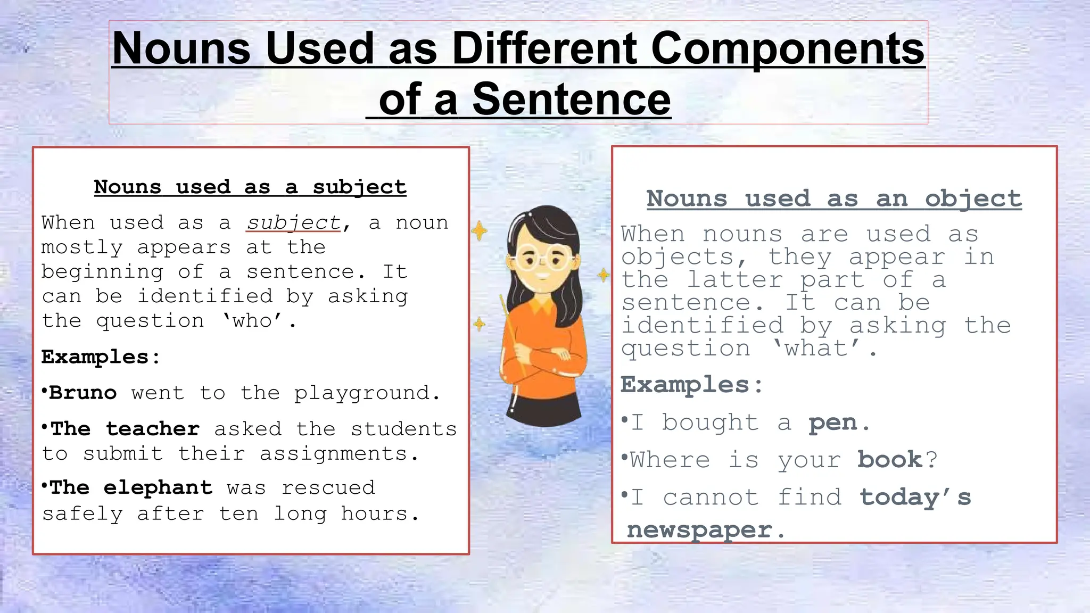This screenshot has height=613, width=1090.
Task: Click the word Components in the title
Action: click(x=788, y=49)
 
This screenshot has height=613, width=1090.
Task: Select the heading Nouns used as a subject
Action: click(x=250, y=187)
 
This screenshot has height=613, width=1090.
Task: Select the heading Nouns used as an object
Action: click(x=834, y=199)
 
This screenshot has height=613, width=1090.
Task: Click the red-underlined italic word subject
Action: click(x=293, y=223)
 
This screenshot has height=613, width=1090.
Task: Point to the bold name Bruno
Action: click(x=83, y=393)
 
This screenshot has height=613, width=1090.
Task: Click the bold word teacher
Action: click(x=153, y=429)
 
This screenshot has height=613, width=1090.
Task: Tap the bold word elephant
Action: click(x=158, y=487)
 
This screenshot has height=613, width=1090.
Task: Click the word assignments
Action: click(x=334, y=454)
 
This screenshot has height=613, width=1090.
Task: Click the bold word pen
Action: click(x=833, y=423)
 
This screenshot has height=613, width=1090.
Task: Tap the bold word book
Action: click(x=890, y=460)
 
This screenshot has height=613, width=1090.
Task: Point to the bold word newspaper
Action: click(x=699, y=530)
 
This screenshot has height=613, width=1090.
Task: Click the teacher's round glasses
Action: click(x=542, y=261)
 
